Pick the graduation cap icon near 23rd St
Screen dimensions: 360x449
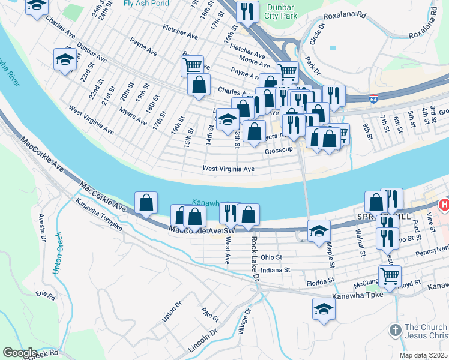[65, 59]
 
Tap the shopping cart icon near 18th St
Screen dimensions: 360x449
[193, 65]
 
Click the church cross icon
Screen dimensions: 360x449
[395, 330]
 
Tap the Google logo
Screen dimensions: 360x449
[20, 352]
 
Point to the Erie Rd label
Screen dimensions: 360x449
[46, 295]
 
